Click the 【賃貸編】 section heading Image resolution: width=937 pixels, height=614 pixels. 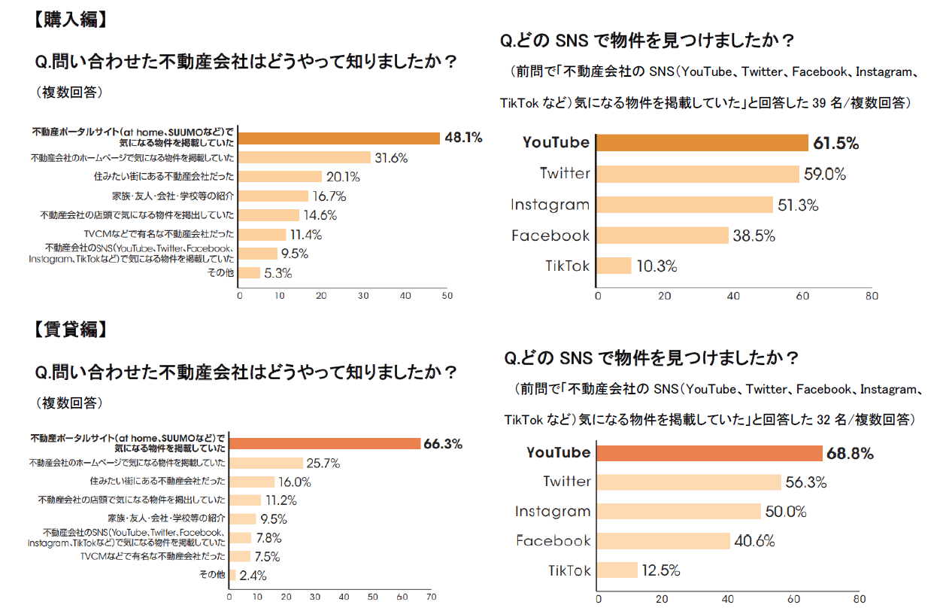(x=67, y=330)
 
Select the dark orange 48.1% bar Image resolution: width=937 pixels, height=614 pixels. (x=339, y=138)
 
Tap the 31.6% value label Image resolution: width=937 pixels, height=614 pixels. (x=391, y=158)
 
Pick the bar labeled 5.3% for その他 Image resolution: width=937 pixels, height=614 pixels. (x=249, y=273)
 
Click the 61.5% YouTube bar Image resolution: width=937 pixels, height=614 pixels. (x=701, y=143)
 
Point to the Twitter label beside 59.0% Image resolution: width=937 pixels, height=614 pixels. (x=565, y=174)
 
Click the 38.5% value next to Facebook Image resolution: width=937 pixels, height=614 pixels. (x=755, y=236)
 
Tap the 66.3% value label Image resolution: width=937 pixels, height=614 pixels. (x=443, y=444)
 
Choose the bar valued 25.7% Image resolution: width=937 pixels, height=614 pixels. (x=265, y=463)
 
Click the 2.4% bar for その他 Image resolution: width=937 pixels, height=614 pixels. (x=232, y=576)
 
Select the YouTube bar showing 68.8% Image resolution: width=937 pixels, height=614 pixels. (x=709, y=453)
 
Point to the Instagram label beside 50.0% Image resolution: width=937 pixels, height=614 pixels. (x=553, y=512)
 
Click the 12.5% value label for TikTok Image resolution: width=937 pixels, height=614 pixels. (x=661, y=570)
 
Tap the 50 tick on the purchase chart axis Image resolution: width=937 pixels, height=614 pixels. (x=447, y=296)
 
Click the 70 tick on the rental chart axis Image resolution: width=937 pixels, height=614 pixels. (x=431, y=597)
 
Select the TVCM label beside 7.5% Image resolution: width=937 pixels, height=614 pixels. (x=153, y=557)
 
